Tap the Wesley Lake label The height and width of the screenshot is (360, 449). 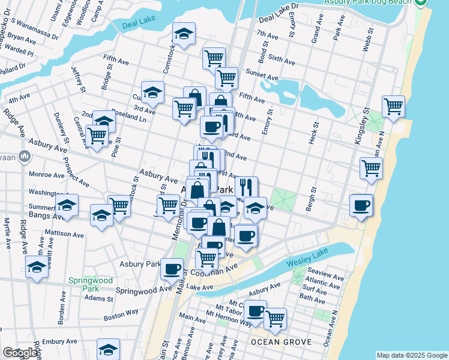pos(307,263)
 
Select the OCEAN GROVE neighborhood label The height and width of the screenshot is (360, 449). pos(281,342)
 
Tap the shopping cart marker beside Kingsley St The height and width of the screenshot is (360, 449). pos(393,107)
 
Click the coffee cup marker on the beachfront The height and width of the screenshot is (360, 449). pos(361,206)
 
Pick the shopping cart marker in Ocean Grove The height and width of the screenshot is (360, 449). pos(275,318)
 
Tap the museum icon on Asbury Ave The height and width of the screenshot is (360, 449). pos(25,157)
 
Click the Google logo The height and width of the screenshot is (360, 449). pos(19,353)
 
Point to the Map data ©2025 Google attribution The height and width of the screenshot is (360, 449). pos(412,355)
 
